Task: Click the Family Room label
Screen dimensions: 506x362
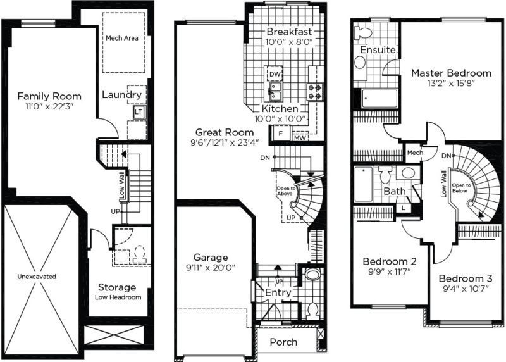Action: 49,96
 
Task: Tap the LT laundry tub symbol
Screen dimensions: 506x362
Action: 139,112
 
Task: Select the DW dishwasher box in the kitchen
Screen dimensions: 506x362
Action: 275,74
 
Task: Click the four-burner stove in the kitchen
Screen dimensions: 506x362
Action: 314,91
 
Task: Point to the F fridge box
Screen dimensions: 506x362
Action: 280,134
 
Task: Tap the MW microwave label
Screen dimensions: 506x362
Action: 300,138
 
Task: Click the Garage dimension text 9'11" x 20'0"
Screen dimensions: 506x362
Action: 211,268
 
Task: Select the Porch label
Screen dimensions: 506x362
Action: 283,342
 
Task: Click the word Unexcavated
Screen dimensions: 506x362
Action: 37,277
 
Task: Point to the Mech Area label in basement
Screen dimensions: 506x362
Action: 122,38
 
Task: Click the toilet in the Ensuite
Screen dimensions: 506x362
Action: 362,33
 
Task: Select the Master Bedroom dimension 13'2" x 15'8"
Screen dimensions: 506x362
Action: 451,84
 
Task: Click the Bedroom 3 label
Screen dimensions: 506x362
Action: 466,278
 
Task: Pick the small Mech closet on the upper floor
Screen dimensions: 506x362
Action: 415,153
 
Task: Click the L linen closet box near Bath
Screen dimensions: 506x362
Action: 404,208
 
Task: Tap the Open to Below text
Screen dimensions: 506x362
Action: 461,188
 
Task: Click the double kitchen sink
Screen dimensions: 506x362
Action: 275,91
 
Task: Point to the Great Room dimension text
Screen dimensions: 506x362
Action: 225,142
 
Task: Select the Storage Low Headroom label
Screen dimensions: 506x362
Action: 118,292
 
